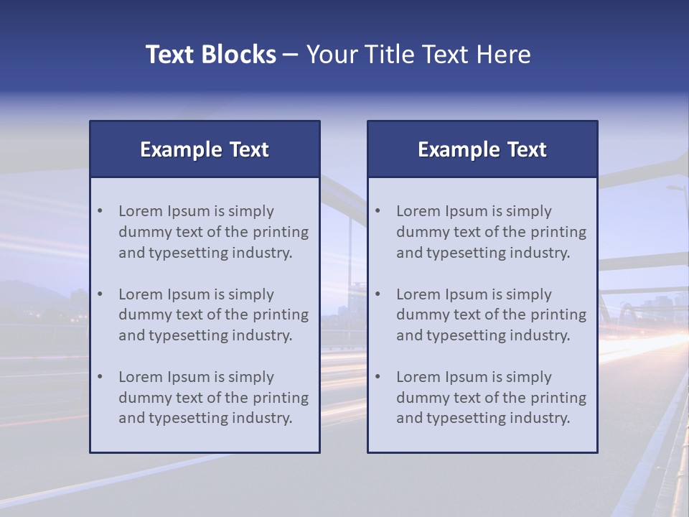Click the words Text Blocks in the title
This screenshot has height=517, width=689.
tap(211, 55)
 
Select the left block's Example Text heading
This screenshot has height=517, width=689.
tap(205, 149)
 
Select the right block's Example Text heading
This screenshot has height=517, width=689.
tap(482, 149)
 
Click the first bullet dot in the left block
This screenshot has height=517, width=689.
tap(100, 211)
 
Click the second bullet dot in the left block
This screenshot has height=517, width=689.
tap(100, 294)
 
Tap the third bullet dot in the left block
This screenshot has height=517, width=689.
tap(100, 377)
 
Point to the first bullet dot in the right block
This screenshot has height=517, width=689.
tap(378, 211)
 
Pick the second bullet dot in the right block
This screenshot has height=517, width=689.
tap(378, 294)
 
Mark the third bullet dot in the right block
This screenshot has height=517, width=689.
tap(378, 377)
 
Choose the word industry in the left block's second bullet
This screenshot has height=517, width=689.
tap(263, 335)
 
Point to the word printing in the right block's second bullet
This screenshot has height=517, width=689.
tap(558, 315)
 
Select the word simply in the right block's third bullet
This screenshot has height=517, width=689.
tap(529, 377)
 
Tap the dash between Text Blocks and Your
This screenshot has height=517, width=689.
tap(291, 55)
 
